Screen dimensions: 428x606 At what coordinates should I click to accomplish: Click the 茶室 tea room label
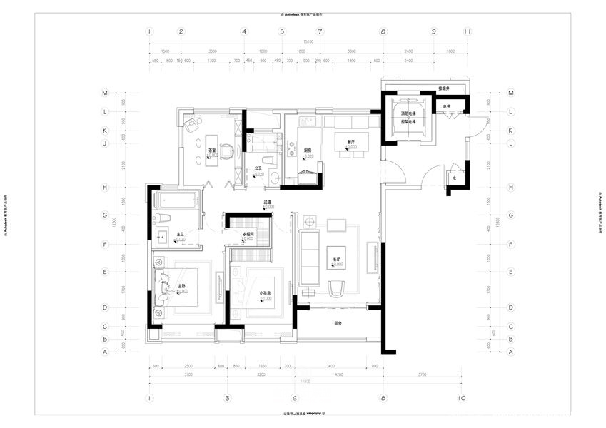pos(212,151)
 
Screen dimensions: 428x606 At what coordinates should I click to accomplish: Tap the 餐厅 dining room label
pos(351,141)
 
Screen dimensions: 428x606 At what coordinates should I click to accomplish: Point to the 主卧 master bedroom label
pos(181,286)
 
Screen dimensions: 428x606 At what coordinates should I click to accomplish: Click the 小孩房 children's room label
pos(265,293)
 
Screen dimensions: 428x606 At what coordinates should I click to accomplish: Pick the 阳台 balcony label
pos(338,323)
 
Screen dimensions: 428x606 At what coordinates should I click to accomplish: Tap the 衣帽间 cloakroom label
pos(248,235)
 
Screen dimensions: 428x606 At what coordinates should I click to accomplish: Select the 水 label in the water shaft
pos(453,180)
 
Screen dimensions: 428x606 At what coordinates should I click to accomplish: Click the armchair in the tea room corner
pos(191,125)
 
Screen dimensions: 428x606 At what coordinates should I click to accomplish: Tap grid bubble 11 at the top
pos(467,31)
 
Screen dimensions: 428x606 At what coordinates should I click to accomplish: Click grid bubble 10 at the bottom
pos(462,397)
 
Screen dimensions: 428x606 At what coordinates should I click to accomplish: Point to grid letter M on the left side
pos(104,93)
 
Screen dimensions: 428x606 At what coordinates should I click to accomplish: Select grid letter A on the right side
pos(510,352)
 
